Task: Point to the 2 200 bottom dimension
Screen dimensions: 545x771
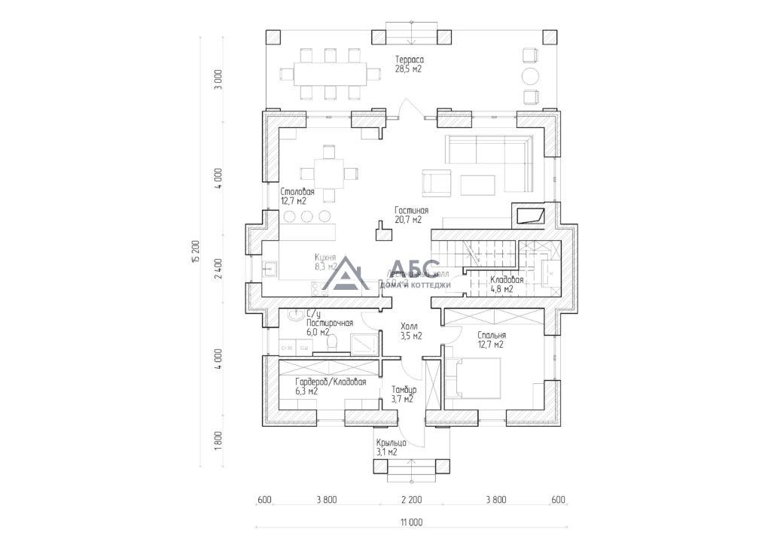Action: click(411, 500)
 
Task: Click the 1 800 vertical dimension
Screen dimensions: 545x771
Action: click(218, 440)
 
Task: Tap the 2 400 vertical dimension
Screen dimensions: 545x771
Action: click(218, 269)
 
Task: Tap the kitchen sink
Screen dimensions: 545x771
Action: click(269, 267)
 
